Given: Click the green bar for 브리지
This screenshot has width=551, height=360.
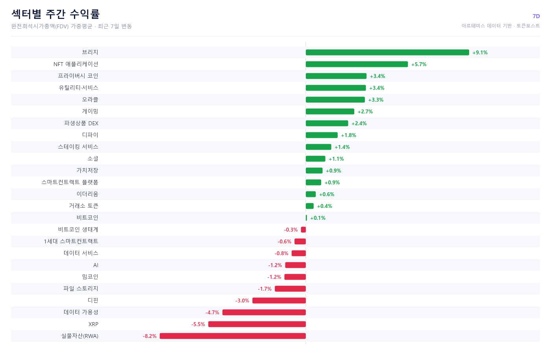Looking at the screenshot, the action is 387,52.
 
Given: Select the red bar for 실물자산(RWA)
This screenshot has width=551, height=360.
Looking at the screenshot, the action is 233,336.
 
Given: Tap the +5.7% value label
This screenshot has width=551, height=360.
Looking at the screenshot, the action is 419,64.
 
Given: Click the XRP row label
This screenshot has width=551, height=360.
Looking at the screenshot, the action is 93,324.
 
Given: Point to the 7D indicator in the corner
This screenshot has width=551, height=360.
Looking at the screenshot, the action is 536,16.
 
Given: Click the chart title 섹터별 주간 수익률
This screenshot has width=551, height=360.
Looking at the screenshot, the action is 55,14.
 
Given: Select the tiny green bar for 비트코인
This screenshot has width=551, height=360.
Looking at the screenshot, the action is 306,218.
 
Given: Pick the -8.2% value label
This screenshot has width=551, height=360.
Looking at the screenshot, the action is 150,336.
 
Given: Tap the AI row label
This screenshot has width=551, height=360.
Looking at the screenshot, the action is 96,265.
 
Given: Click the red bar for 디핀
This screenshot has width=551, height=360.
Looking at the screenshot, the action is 279,301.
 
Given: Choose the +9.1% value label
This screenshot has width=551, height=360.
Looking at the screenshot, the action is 480,52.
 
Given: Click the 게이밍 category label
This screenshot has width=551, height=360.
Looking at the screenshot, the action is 90,111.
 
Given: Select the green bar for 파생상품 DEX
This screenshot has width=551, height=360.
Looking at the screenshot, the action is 327,123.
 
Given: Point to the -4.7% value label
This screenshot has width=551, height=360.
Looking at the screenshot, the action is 212,312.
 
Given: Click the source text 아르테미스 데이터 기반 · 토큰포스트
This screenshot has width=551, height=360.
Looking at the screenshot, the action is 501,26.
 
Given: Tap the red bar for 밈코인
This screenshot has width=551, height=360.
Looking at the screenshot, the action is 295,277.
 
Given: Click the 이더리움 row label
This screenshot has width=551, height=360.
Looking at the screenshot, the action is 87,194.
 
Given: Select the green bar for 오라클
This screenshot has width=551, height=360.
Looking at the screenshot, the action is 335,100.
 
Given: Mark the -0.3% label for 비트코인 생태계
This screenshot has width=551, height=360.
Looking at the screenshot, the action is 291,230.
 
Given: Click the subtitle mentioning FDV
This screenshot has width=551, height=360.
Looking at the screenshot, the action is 72,26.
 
